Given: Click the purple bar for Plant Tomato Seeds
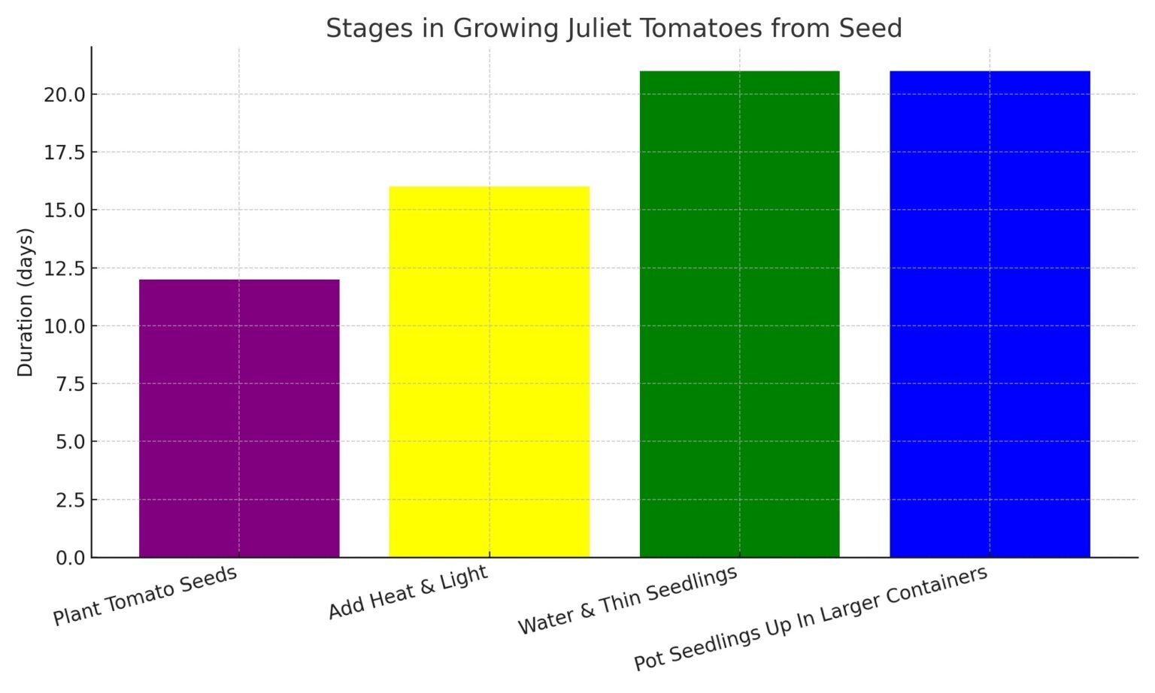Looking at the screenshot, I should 239,418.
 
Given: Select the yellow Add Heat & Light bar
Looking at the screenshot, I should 489,371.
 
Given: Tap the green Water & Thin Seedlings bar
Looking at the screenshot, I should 739,314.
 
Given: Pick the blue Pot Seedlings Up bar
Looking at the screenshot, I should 990,314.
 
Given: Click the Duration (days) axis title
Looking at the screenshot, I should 26,302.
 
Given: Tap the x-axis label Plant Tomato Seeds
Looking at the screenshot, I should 145,595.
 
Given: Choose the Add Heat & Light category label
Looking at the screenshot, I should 408,592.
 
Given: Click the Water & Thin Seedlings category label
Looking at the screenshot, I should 628,601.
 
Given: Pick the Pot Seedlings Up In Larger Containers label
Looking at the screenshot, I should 811,618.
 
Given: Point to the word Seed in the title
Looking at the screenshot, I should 872,29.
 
